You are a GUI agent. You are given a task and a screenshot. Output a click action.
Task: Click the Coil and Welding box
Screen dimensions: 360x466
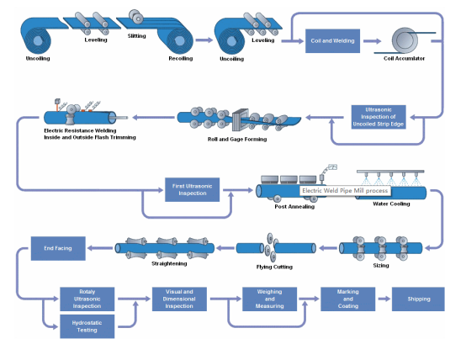[332, 40]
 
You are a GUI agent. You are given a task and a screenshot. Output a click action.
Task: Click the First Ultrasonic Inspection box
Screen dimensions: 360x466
[191, 189]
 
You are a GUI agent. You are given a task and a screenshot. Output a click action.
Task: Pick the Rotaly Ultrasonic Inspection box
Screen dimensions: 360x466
[87, 299]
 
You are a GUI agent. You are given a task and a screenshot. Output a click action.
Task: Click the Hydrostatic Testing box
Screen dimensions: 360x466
[87, 326]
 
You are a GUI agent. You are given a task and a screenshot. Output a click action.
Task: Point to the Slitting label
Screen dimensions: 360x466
[136, 36]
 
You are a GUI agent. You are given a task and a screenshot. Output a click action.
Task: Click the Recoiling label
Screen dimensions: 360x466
[180, 59]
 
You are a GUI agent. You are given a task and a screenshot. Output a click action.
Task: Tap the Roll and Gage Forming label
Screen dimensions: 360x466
[237, 138]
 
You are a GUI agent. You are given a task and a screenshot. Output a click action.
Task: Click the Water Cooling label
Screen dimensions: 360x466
[391, 204]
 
